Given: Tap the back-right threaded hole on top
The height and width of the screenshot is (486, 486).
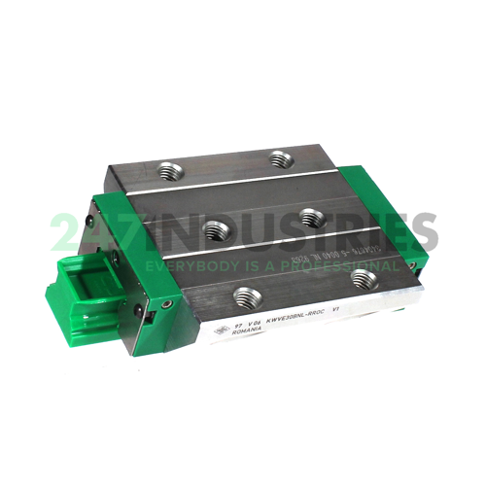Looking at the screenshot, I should pos(283,157).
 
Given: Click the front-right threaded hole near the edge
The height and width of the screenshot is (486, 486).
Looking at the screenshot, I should pos(364,279).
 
